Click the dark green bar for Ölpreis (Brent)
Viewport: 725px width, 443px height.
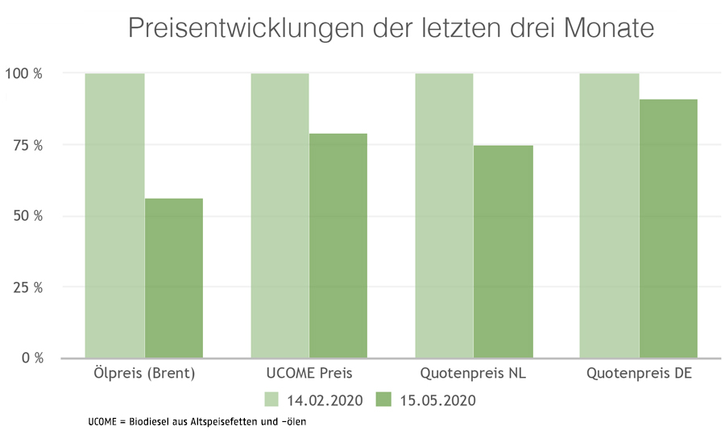click(x=174, y=278)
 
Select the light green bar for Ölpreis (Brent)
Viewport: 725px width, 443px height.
click(x=114, y=215)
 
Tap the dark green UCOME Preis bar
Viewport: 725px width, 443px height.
click(x=338, y=246)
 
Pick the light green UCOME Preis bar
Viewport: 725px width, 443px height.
click(x=280, y=215)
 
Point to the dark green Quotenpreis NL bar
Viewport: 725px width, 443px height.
click(x=503, y=251)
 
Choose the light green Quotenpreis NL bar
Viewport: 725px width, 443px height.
click(x=444, y=215)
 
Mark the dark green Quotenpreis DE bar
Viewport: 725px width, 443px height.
click(x=669, y=228)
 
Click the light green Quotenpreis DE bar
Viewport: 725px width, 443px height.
click(x=609, y=215)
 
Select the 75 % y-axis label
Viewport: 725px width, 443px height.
click(x=27, y=145)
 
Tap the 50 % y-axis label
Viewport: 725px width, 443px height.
click(x=27, y=216)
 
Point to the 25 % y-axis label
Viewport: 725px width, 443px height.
click(x=27, y=287)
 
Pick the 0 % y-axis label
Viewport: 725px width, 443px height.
click(x=31, y=358)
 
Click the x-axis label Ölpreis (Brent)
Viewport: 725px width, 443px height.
click(x=144, y=374)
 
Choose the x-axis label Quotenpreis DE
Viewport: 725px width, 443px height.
click(x=640, y=374)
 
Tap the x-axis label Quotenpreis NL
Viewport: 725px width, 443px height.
click(x=474, y=374)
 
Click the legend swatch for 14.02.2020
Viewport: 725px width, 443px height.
click(x=271, y=400)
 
